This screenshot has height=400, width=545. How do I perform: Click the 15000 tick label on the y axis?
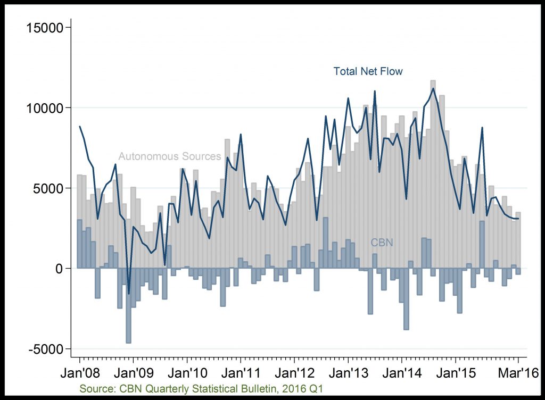click(45, 28)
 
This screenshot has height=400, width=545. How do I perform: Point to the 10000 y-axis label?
click(45, 108)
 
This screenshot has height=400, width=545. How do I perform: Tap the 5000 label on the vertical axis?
click(48, 188)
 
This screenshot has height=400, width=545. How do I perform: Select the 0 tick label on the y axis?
click(60, 269)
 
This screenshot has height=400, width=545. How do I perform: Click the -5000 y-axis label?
click(46, 349)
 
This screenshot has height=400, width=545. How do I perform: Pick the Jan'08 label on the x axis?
click(80, 373)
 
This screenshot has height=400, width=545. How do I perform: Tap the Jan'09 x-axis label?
click(134, 373)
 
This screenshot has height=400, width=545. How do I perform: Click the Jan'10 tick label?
click(188, 373)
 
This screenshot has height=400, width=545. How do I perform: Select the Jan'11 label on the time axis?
click(241, 373)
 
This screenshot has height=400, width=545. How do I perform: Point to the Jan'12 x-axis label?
click(295, 373)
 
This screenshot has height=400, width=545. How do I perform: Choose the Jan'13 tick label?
click(349, 373)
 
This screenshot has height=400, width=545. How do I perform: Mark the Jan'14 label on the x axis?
click(402, 373)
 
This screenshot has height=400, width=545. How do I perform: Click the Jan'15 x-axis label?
click(456, 373)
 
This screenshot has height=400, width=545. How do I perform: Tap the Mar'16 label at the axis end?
click(518, 373)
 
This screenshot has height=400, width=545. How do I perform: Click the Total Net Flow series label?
click(368, 71)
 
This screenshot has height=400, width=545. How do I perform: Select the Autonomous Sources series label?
click(170, 156)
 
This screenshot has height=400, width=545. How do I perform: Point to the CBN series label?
click(382, 243)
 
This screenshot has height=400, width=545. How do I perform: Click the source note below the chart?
click(201, 388)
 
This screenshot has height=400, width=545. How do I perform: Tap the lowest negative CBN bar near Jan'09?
click(129, 305)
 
